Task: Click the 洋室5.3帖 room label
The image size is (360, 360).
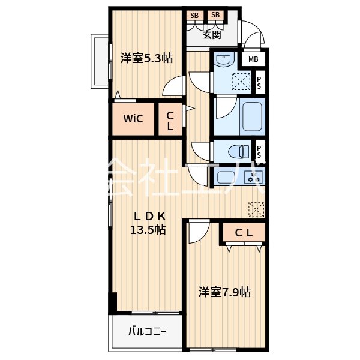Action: pos(146,58)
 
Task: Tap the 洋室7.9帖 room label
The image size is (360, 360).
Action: pos(224,292)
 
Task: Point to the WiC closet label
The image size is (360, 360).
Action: pos(133,118)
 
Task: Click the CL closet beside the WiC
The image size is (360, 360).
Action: pos(170,121)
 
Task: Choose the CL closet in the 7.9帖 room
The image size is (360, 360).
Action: pos(243,233)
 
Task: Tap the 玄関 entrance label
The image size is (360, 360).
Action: pos(211,35)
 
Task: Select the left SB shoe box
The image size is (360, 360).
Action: pos(194,15)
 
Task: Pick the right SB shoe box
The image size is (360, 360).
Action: pos(215,15)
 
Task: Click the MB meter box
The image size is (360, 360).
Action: pos(254,59)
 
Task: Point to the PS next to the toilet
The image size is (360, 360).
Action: pos(259,152)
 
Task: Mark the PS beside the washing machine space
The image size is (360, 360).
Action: pos(259,83)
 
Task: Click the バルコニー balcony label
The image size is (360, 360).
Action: pos(146,331)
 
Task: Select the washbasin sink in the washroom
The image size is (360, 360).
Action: pos(224,62)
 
